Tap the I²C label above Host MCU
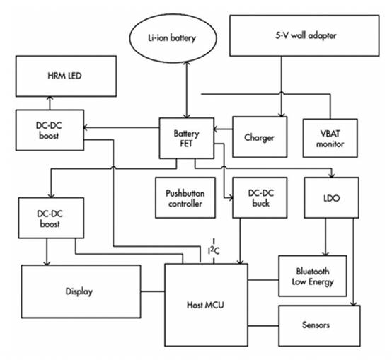214,250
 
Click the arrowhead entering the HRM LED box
50,99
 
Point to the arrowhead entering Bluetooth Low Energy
325,253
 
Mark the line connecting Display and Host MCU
153,291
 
